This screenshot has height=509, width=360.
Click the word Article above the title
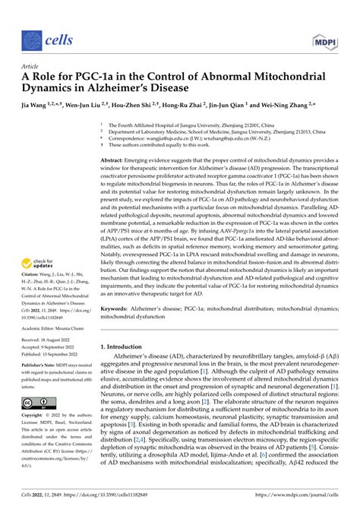pyautogui.click(x=34, y=65)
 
